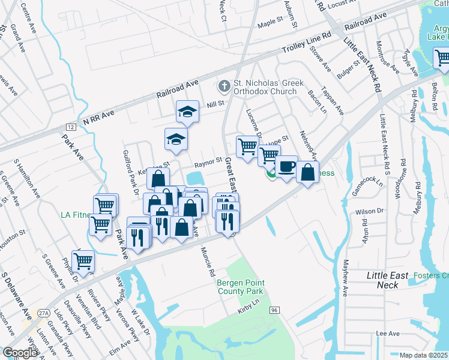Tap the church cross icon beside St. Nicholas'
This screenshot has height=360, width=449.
(224, 87)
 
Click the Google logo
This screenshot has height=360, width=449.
(20, 353)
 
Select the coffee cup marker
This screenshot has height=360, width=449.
(287, 166)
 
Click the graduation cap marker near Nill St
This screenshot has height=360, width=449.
(187, 111)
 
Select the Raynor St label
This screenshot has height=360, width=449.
(208, 163)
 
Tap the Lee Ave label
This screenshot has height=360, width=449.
(387, 333)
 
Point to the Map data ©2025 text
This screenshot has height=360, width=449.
(424, 355)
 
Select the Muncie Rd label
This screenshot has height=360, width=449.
(208, 262)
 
